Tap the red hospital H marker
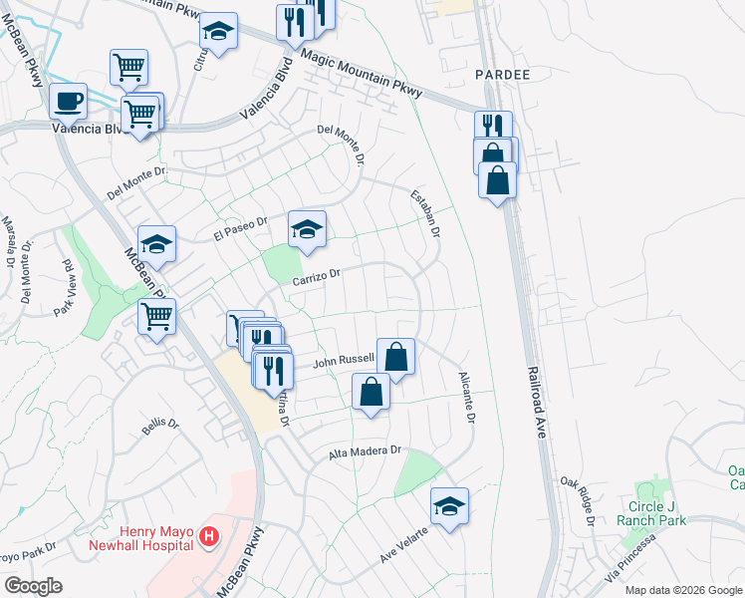click(x=209, y=537)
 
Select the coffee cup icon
click(x=68, y=102)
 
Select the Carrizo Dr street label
click(x=317, y=278)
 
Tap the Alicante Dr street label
click(x=465, y=396)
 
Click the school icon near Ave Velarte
click(x=449, y=505)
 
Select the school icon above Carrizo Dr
click(x=308, y=228)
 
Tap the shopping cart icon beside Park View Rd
click(x=157, y=317)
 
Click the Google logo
click(x=32, y=586)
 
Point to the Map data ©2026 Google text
click(x=683, y=590)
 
